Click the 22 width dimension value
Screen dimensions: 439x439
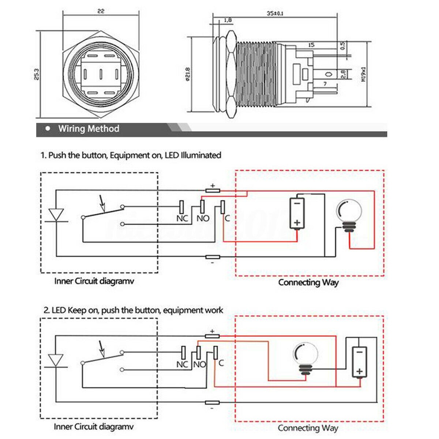coord(101,11)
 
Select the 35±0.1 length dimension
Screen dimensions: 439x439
coord(275,14)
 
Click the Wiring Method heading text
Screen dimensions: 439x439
coord(89,129)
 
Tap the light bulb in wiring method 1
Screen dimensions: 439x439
coord(349,215)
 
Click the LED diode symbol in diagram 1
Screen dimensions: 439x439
coord(56,215)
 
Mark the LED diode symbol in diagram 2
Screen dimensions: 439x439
coord(56,361)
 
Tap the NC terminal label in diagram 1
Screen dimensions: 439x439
coord(182,218)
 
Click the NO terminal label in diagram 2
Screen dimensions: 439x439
coord(199,364)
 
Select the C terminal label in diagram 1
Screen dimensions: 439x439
coord(227,218)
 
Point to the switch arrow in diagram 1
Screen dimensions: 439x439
coord(102,203)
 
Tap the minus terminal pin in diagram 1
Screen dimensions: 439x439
coord(213,257)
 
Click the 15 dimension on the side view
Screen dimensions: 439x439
coord(311,45)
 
